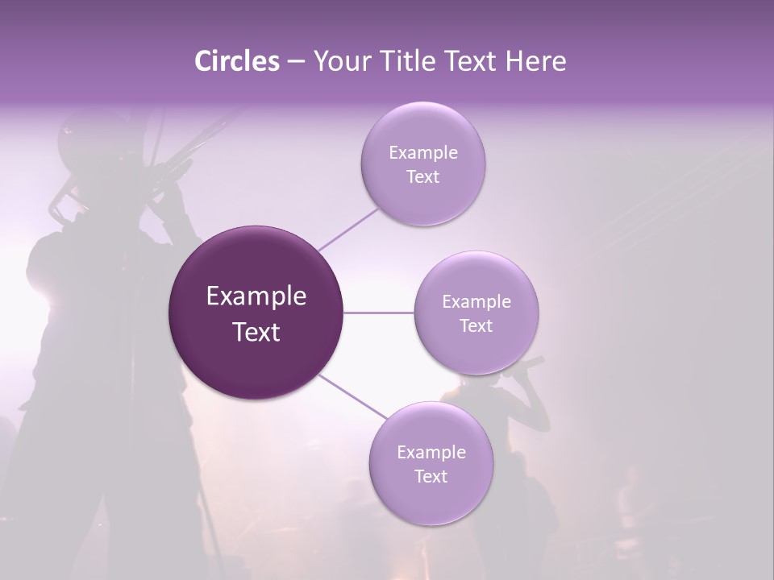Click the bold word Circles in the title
(236, 61)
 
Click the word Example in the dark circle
(256, 296)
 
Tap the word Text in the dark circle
(256, 332)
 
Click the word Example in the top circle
(423, 152)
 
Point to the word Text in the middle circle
(476, 325)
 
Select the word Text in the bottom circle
(431, 476)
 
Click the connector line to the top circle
(348, 229)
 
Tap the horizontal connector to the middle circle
(379, 313)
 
